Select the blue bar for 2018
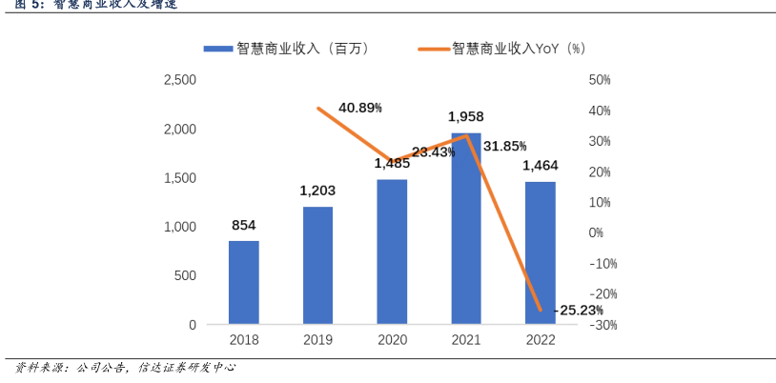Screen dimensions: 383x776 243,283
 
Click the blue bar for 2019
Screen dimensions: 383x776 317,266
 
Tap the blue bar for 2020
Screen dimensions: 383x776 392,252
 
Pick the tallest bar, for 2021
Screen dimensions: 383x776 466,229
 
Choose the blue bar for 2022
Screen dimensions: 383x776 541,252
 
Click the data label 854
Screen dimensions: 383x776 243,226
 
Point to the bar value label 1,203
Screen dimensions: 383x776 317,191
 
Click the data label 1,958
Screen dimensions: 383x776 466,116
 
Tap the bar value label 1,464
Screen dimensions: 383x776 541,166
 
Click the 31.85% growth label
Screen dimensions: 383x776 505,146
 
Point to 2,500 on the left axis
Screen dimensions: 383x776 179,80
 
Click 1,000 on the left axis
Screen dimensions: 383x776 179,227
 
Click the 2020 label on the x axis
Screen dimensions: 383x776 392,340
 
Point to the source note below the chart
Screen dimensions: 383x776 124,367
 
